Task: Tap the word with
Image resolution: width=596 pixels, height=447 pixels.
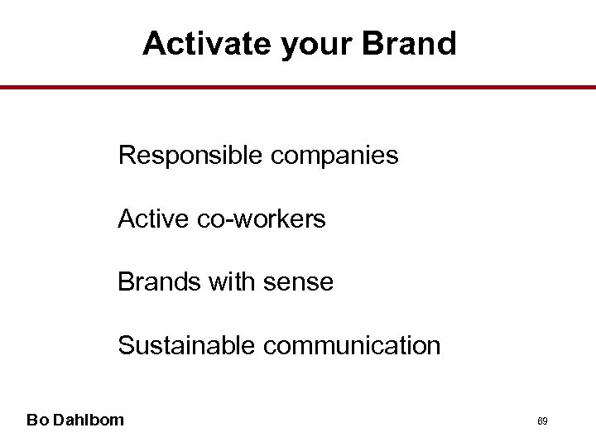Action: tap(233, 282)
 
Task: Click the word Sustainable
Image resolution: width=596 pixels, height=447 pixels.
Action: tap(187, 345)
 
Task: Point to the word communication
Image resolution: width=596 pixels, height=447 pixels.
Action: tap(352, 345)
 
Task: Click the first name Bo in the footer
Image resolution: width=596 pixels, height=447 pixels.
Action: tap(36, 420)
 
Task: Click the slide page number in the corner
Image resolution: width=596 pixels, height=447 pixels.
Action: tap(543, 421)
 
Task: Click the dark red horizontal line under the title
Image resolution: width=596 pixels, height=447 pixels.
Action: tap(298, 87)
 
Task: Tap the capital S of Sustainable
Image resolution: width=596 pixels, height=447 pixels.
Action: tap(126, 345)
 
